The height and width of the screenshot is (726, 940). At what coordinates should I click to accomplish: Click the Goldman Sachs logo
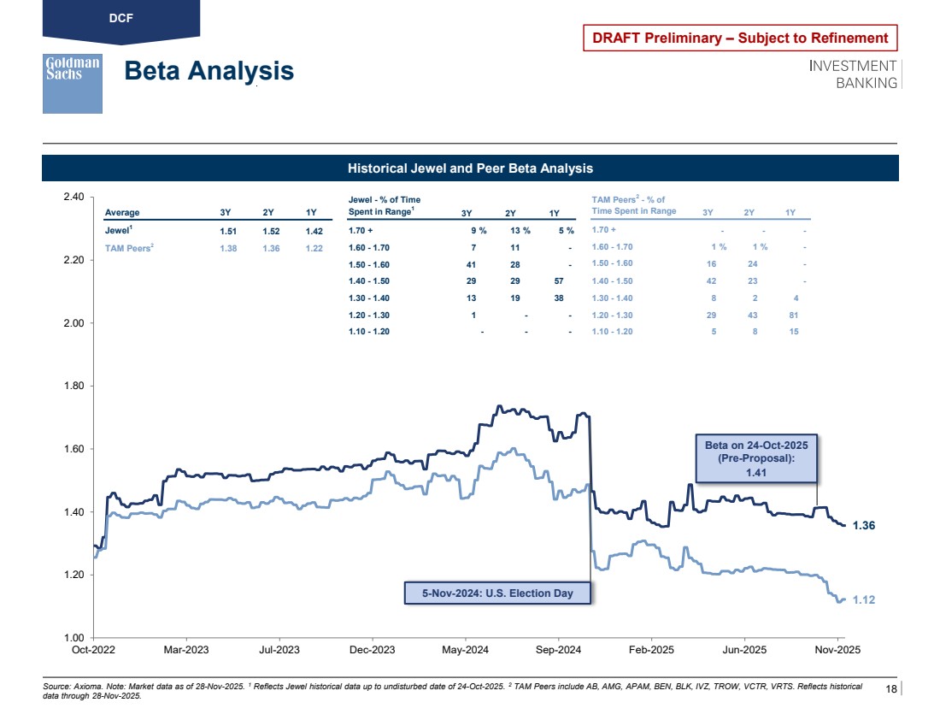click(x=73, y=83)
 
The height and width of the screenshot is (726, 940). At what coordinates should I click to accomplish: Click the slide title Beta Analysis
click(x=209, y=71)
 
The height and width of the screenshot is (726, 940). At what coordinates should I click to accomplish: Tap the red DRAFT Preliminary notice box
click(x=740, y=38)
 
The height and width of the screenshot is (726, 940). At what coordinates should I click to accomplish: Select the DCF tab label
click(x=120, y=17)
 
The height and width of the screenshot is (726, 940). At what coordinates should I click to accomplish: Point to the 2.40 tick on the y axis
click(x=73, y=198)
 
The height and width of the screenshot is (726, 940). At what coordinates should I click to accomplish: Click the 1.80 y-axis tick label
click(x=73, y=387)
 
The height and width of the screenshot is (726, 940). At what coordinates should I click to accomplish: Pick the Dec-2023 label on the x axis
click(x=373, y=650)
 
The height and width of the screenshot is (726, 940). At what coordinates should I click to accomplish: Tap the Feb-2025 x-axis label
click(x=651, y=650)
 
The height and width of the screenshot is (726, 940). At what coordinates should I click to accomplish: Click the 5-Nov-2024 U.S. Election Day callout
click(x=496, y=593)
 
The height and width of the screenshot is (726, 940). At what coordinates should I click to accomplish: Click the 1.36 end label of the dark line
click(x=864, y=526)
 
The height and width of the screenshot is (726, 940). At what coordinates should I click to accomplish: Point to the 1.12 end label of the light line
click(x=864, y=600)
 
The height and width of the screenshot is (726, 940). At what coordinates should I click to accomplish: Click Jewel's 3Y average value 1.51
click(x=227, y=231)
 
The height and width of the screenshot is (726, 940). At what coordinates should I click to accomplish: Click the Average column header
click(x=122, y=213)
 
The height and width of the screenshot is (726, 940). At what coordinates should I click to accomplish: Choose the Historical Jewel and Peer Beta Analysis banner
click(x=470, y=168)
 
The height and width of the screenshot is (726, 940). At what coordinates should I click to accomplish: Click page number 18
click(x=891, y=689)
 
